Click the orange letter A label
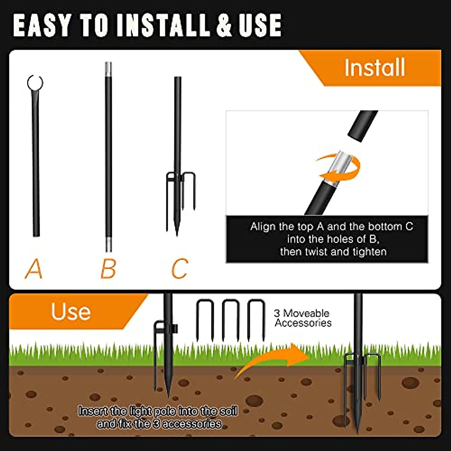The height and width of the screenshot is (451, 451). click(33, 268)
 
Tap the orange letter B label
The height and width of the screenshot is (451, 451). click(108, 268)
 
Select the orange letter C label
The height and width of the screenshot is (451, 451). click(179, 268)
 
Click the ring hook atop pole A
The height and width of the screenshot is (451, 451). click(35, 82)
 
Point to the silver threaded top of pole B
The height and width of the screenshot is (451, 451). click(108, 68)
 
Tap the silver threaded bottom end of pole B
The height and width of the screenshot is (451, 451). click(108, 244)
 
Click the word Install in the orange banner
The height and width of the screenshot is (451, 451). click(375, 68)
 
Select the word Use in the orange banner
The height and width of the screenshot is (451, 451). click(71, 312)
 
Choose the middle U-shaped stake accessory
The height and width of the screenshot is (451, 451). click(230, 319)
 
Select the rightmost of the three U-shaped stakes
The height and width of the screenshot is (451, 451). click(256, 319)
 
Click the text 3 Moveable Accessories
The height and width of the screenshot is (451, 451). click(303, 318)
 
